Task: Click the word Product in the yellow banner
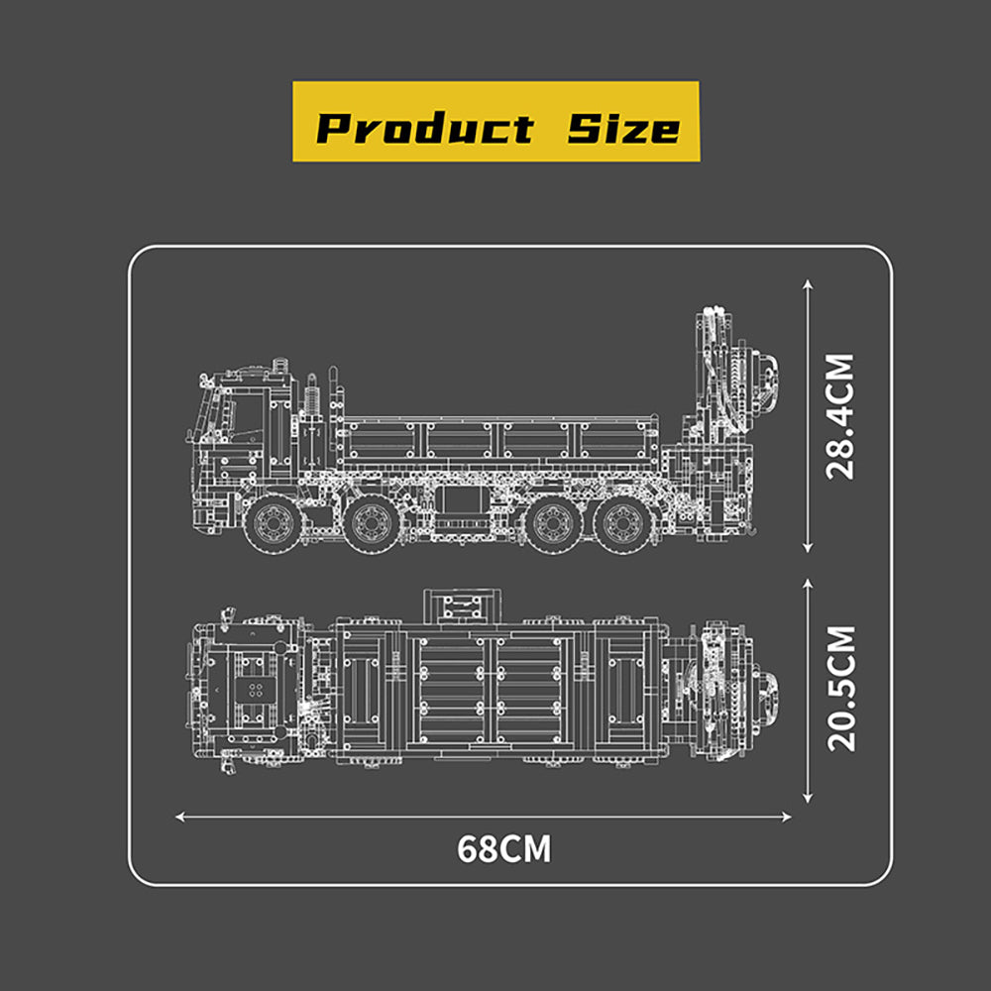pos(425,128)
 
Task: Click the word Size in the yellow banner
pos(623,128)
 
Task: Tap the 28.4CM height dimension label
pos(840,416)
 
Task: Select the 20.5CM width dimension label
pos(841,689)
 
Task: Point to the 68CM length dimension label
pos(503,849)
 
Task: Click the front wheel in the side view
pos(274,523)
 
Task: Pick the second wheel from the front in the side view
pos(373,523)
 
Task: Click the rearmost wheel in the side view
pos(623,523)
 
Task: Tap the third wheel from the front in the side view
pos(552,523)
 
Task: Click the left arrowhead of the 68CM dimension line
pos(179,818)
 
